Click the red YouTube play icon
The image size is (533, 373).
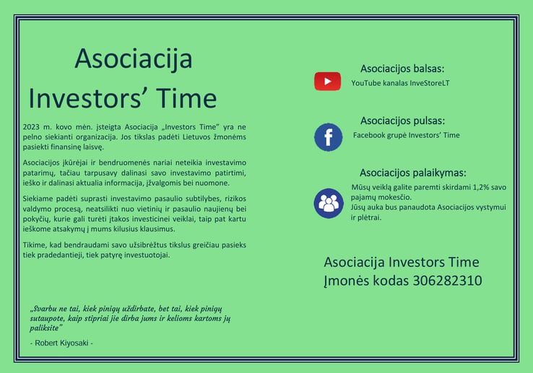[327, 82]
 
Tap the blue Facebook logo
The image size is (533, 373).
[329, 137]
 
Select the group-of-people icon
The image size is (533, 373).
[329, 203]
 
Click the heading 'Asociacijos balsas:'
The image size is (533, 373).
[402, 69]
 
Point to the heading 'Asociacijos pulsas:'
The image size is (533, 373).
[402, 120]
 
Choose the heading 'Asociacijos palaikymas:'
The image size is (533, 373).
[413, 172]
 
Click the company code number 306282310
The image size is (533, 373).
[447, 281]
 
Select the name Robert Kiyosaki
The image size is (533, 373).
[61, 343]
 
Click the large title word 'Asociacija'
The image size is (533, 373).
[134, 58]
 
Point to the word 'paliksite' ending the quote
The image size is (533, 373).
[44, 328]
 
